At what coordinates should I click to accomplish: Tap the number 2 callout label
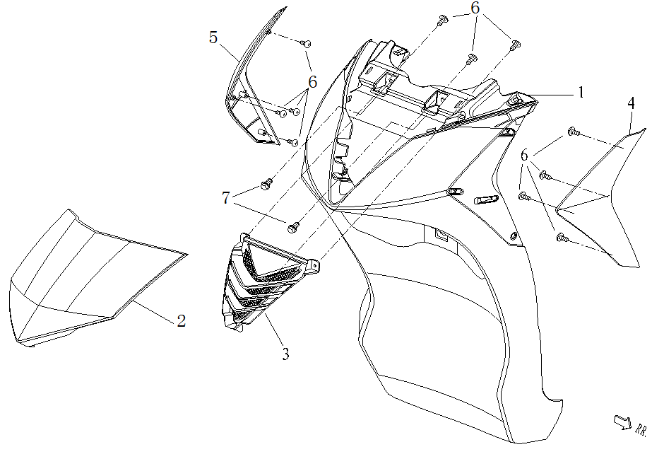[182, 321]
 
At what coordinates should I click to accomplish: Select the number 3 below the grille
[285, 354]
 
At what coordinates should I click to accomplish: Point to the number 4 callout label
[631, 103]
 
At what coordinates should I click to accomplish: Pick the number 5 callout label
[213, 37]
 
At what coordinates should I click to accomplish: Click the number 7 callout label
[226, 199]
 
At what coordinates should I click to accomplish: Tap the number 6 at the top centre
[475, 8]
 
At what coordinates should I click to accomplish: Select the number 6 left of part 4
[524, 155]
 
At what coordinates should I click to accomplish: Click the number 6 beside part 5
[312, 82]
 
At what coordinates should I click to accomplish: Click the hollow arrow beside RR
[622, 422]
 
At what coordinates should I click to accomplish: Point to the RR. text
[641, 429]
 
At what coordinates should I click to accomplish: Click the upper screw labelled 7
[266, 184]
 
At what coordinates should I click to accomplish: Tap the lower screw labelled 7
[293, 226]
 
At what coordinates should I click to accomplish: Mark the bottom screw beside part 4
[562, 238]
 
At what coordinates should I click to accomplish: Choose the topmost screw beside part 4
[573, 132]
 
